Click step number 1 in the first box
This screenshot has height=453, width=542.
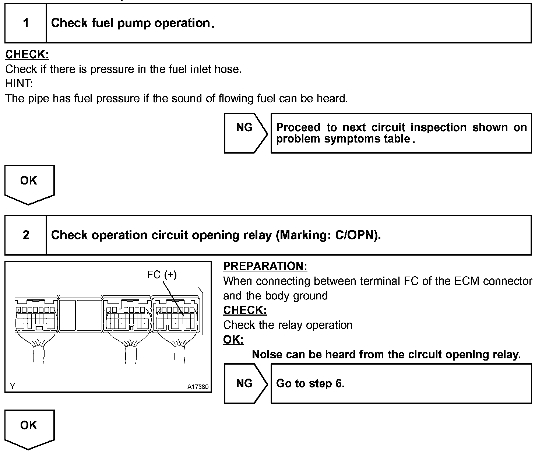pyautogui.click(x=26, y=23)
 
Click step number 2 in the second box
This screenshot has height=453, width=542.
pyautogui.click(x=26, y=235)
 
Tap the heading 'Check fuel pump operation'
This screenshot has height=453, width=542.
pyautogui.click(x=131, y=23)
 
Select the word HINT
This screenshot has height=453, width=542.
pyautogui.click(x=19, y=84)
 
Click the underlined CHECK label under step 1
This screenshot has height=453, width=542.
pyautogui.click(x=27, y=55)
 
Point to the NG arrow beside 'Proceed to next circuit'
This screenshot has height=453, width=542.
pyautogui.click(x=245, y=133)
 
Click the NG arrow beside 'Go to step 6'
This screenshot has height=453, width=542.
pyautogui.click(x=245, y=383)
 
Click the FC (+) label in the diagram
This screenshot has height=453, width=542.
pyautogui.click(x=162, y=274)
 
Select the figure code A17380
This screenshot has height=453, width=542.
pyautogui.click(x=198, y=387)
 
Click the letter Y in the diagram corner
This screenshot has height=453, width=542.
pyautogui.click(x=13, y=386)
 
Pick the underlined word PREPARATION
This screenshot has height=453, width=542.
pyautogui.click(x=265, y=266)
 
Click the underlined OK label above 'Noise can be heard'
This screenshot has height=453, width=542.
pyautogui.click(x=233, y=340)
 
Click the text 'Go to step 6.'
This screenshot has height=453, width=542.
pyautogui.click(x=310, y=383)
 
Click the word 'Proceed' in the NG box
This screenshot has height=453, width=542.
pyautogui.click(x=298, y=127)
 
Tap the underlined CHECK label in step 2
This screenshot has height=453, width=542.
pyautogui.click(x=245, y=310)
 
